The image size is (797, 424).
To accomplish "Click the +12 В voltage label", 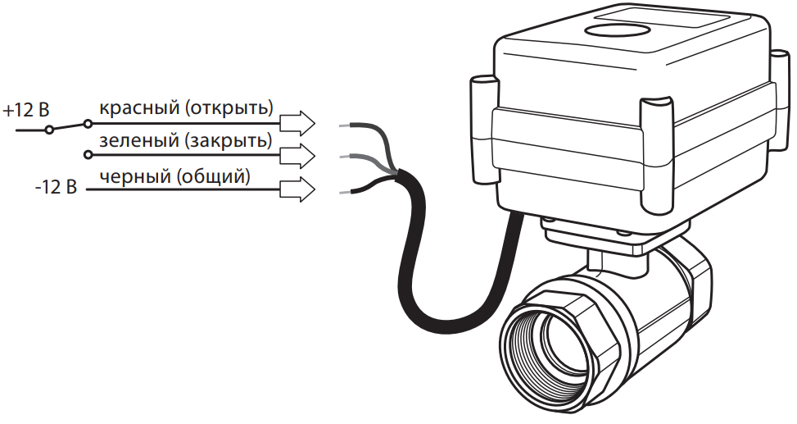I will (26, 110).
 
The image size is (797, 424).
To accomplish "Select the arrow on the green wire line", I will (297, 155).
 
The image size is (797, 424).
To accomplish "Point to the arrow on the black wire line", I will (297, 189).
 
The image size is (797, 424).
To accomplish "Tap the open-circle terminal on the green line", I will (88, 155).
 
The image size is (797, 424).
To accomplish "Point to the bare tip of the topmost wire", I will (345, 126).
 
